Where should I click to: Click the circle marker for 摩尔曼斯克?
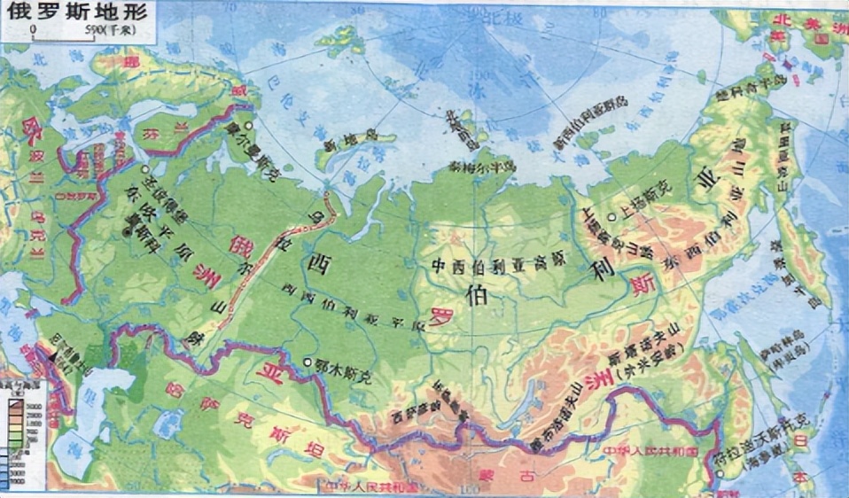coord(252,126)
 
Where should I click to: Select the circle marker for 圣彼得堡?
coord(144,168)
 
